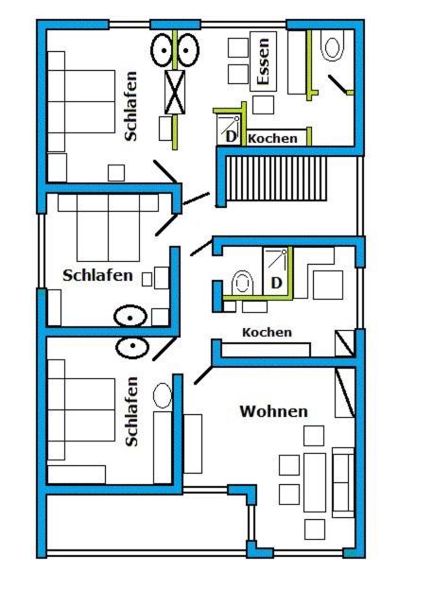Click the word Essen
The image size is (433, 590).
coord(263,61)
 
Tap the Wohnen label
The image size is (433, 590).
coord(273,411)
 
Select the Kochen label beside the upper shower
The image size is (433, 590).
coord(272,138)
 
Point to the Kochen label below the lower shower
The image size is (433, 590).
coord(267,332)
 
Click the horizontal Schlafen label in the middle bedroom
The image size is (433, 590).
coord(97,275)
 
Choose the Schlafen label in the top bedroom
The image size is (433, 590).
coord(130,106)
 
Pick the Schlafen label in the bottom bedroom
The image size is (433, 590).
coord(131,411)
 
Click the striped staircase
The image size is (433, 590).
coord(276,179)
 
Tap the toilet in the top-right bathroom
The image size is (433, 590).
coord(332,45)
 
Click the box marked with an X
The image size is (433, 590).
coord(175,92)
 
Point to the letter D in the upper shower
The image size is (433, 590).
coord(231,136)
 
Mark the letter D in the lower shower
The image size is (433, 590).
coord(276,283)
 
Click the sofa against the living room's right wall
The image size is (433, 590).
coord(343,482)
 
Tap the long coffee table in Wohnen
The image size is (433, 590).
coord(315,482)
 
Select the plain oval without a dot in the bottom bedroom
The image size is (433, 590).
coord(163,395)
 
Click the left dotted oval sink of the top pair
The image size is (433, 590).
coord(164,50)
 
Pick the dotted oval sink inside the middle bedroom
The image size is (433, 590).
coord(130,316)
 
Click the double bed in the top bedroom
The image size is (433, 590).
coord(81,101)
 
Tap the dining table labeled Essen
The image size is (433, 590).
coord(264,61)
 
